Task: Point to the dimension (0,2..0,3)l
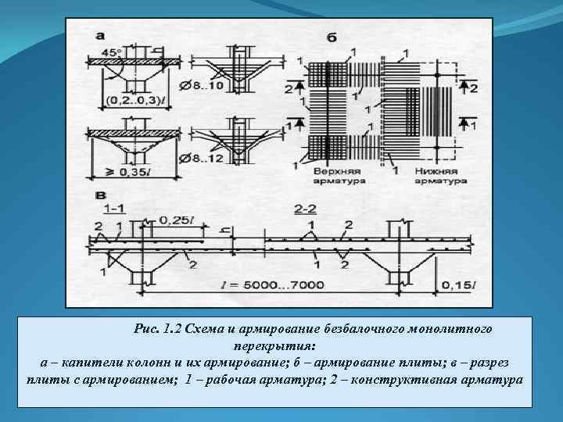[134, 100]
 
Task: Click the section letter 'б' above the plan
[332, 38]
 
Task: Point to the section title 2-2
[306, 209]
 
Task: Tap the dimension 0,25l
[176, 221]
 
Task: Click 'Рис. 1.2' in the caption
[157, 328]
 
